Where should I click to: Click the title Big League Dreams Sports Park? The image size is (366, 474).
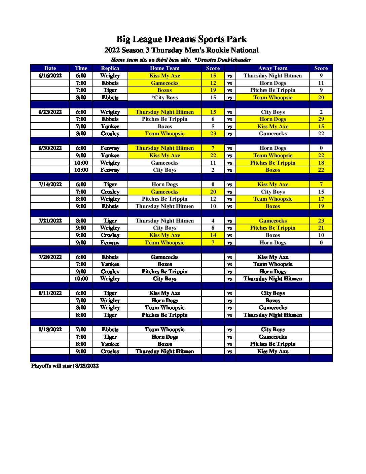tap(181, 39)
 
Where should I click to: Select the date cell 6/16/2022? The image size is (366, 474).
tap(50, 76)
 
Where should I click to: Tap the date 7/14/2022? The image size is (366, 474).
tap(50, 184)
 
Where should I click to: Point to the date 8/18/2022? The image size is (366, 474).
tap(50, 330)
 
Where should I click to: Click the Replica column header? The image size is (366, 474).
tap(110, 68)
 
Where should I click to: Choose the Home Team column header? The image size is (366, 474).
tap(164, 68)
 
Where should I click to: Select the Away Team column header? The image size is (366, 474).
tap(272, 68)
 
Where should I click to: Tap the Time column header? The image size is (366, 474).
tap(81, 68)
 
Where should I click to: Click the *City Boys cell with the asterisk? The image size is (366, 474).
tap(164, 98)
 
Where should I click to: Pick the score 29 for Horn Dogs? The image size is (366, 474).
tap(321, 119)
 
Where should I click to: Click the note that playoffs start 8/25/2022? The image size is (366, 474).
tap(65, 366)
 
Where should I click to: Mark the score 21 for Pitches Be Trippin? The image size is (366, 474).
tap(321, 228)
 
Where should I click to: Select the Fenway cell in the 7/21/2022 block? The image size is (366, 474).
tap(110, 243)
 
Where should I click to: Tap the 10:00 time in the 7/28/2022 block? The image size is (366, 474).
tap(81, 279)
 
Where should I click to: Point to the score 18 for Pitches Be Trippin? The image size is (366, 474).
tap(321, 163)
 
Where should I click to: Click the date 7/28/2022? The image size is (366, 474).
tap(50, 257)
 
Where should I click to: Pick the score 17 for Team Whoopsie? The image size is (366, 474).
tap(321, 199)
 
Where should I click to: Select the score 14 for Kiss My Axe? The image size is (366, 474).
tap(213, 235)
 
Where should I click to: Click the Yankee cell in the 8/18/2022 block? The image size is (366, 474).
tap(110, 344)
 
